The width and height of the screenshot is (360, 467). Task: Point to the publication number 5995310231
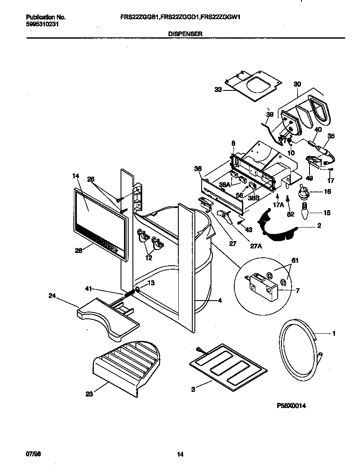tap(40, 24)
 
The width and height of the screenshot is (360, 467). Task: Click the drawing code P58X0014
tap(291, 405)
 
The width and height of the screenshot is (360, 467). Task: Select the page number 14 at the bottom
tap(180, 454)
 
